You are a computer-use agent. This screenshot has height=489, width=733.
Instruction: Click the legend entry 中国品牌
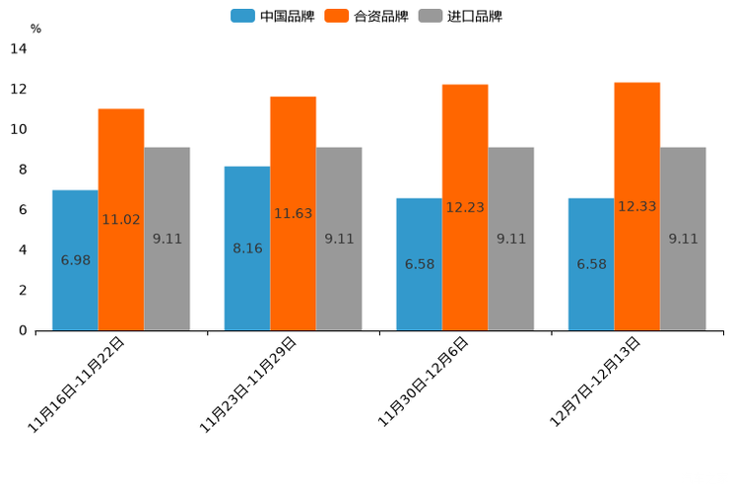pyautogui.click(x=273, y=16)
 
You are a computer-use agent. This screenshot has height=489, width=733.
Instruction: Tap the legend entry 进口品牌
pyautogui.click(x=460, y=16)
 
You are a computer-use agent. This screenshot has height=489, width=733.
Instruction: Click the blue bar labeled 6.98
pyautogui.click(x=75, y=260)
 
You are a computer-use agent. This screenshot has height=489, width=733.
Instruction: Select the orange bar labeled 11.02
pyautogui.click(x=121, y=219)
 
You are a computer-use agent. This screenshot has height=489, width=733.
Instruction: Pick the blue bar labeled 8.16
pyautogui.click(x=247, y=248)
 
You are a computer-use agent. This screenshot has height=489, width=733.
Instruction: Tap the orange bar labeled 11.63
pyautogui.click(x=293, y=213)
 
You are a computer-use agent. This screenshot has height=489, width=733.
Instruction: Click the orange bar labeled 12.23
pyautogui.click(x=465, y=207)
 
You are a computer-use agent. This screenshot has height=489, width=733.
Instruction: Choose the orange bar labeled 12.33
pyautogui.click(x=636, y=206)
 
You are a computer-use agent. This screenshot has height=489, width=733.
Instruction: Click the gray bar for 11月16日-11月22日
pyautogui.click(x=167, y=239)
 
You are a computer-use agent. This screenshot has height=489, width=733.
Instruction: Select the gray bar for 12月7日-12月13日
pyautogui.click(x=683, y=239)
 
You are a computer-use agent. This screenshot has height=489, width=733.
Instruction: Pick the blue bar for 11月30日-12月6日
pyautogui.click(x=419, y=264)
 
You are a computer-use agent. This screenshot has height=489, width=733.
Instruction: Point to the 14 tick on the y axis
pyautogui.click(x=18, y=48)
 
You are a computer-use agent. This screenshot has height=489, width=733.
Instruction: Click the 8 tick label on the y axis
pyautogui.click(x=23, y=170)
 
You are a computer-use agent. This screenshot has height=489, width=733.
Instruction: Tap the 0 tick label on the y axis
pyautogui.click(x=23, y=330)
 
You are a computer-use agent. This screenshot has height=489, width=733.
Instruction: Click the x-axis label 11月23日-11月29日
pyautogui.click(x=247, y=384)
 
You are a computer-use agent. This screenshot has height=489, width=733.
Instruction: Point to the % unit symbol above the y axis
pyautogui.click(x=35, y=29)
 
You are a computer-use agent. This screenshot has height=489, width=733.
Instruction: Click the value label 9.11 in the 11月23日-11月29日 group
pyautogui.click(x=339, y=239)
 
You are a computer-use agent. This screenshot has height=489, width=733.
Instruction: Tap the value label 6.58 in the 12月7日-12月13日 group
pyautogui.click(x=591, y=264)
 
